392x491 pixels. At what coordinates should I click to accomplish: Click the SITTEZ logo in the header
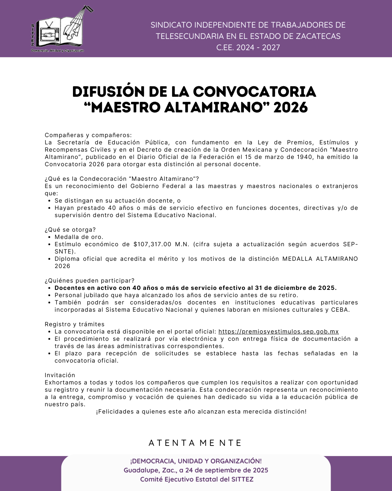pos(60,29)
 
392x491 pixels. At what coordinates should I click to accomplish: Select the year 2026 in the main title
pos(291,108)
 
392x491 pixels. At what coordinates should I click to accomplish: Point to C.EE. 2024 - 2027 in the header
pos(248,47)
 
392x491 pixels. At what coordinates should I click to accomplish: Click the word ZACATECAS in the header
pos(318,36)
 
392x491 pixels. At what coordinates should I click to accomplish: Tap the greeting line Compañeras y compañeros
pos(88,135)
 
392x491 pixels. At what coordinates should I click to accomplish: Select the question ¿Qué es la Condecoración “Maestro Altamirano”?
pos(122,179)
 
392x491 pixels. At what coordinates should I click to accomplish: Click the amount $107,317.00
pos(152,244)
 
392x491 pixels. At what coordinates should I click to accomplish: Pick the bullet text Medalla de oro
pos(79,237)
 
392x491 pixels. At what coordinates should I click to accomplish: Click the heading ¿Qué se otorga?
pos(70,230)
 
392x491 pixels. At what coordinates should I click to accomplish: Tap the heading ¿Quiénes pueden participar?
pos(89,281)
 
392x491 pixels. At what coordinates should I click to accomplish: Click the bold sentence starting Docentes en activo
pos(195,288)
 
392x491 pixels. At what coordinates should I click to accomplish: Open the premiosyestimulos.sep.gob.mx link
pos(278,332)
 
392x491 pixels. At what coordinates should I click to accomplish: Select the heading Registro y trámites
pos(74,324)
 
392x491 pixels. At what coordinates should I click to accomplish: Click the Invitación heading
pos(60,375)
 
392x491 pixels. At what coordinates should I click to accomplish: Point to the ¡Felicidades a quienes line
pos(201,412)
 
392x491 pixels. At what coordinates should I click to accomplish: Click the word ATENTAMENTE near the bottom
pos(195,443)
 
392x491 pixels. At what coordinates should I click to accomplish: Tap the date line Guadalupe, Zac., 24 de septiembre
pos(196,470)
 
